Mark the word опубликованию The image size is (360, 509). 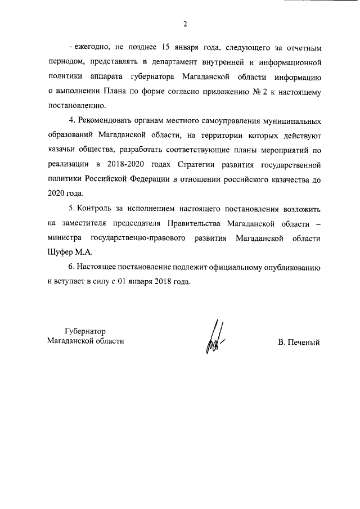pyautogui.click(x=288, y=268)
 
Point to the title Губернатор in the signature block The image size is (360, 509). pyautogui.click(x=85, y=331)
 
